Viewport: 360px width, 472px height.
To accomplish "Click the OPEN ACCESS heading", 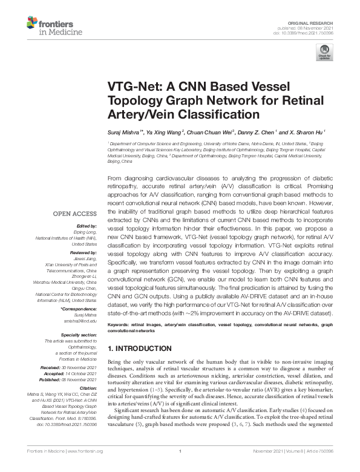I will point(75,214).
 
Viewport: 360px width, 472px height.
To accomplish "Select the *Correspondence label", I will point(79,309).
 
